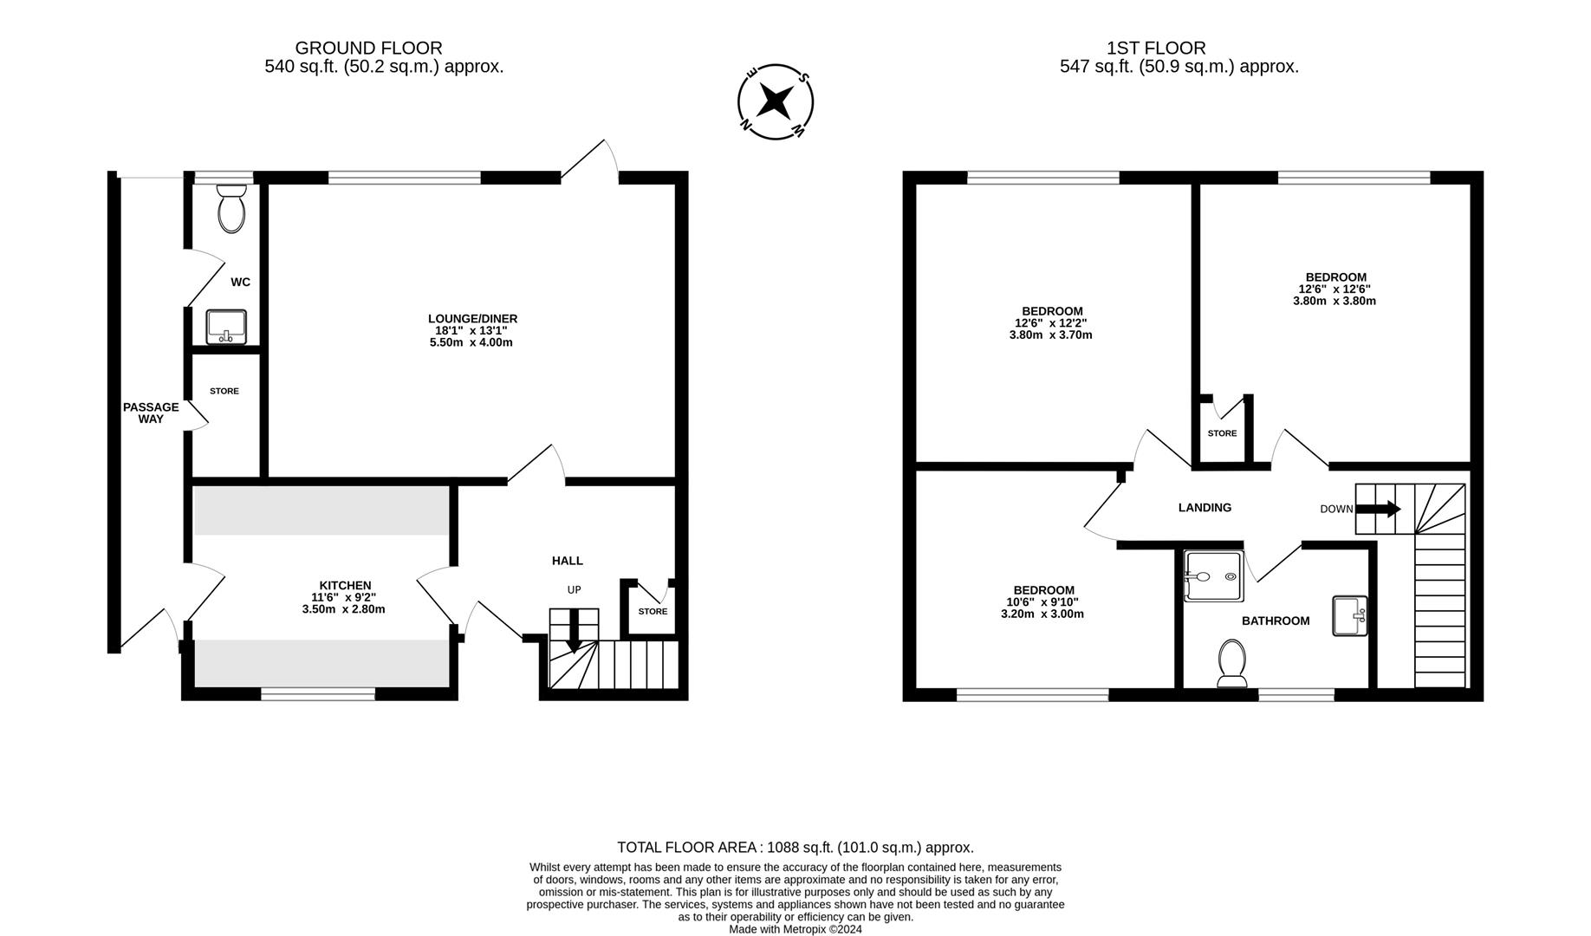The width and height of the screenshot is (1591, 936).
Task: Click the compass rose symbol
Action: pyautogui.click(x=775, y=101)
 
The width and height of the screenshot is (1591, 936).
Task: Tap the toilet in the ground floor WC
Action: pyautogui.click(x=231, y=208)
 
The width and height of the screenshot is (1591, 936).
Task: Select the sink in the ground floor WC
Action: pyautogui.click(x=227, y=327)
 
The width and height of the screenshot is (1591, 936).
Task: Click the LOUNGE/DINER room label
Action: pyautogui.click(x=472, y=319)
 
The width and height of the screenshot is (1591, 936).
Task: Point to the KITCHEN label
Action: pyautogui.click(x=345, y=586)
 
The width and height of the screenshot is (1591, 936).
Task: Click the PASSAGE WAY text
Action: pyautogui.click(x=151, y=413)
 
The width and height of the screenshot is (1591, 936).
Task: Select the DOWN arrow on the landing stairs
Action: pyautogui.click(x=1378, y=509)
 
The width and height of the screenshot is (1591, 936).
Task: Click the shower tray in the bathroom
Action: pyautogui.click(x=1214, y=576)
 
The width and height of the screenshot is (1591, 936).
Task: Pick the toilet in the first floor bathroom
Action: pyautogui.click(x=1232, y=662)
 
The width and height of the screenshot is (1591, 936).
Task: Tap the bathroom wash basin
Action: pyautogui.click(x=1349, y=615)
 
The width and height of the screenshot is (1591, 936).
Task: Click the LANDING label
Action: pyautogui.click(x=1205, y=508)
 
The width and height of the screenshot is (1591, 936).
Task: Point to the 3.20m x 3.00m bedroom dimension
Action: pyautogui.click(x=1042, y=614)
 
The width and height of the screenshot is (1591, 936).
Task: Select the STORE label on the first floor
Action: pyautogui.click(x=1222, y=433)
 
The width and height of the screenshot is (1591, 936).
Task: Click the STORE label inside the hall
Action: pyautogui.click(x=653, y=612)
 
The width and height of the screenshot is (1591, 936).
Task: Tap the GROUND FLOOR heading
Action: pyautogui.click(x=368, y=49)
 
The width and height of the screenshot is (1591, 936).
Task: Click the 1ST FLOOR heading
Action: pyautogui.click(x=1156, y=49)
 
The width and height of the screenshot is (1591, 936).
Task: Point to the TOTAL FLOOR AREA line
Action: pyautogui.click(x=795, y=848)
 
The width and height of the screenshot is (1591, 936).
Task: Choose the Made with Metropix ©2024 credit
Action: pyautogui.click(x=795, y=929)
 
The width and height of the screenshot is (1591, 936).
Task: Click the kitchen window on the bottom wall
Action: pyautogui.click(x=318, y=693)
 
